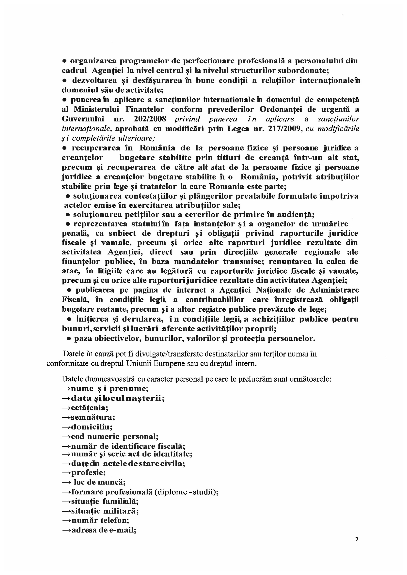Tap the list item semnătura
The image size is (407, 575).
pyautogui.click(x=93, y=417)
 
